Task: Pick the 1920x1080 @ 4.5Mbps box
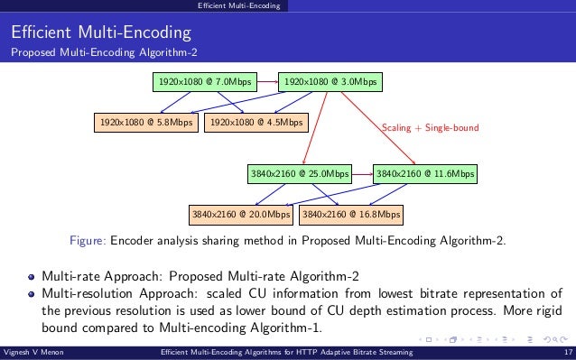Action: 256,121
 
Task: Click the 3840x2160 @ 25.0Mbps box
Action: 299,172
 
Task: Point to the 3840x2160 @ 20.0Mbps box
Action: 241,215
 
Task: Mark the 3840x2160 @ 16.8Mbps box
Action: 351,215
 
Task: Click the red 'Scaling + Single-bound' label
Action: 431,128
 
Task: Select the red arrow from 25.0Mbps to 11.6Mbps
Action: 362,172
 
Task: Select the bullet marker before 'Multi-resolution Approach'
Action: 31,294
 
